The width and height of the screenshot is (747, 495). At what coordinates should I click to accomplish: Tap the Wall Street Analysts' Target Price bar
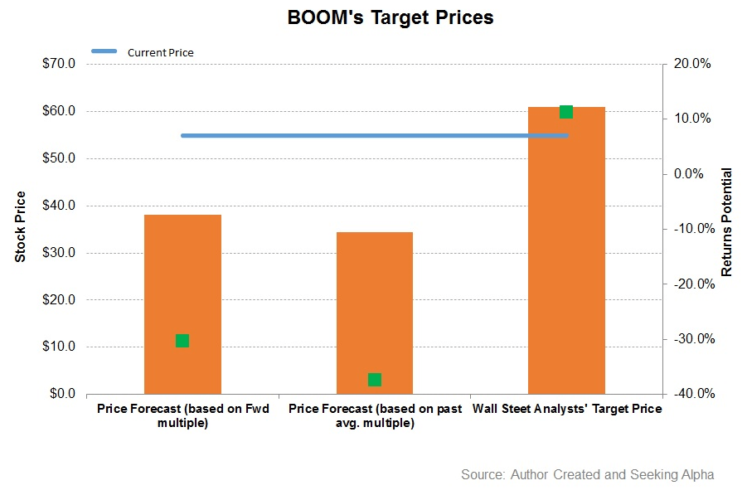[566, 250]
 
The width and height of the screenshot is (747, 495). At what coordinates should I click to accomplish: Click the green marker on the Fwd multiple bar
[182, 341]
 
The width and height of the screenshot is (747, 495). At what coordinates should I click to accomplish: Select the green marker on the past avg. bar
[375, 380]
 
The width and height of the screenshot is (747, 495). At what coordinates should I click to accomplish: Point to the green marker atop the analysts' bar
[566, 112]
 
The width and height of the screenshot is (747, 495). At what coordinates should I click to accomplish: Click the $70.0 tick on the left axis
[59, 64]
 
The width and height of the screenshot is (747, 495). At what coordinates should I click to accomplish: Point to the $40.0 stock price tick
[59, 206]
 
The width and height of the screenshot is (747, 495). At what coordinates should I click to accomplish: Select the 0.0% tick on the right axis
[691, 174]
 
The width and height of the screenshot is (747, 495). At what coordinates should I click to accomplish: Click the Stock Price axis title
[21, 226]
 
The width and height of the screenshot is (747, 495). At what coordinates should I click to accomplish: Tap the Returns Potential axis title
[726, 222]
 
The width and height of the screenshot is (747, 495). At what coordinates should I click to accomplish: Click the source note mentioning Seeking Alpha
[587, 475]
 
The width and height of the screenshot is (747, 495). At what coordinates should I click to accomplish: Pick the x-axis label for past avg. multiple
[375, 416]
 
